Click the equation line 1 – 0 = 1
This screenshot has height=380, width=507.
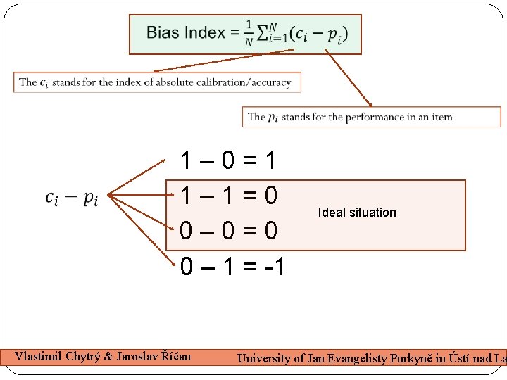click(x=228, y=161)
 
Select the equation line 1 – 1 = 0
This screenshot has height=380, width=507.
click(x=228, y=195)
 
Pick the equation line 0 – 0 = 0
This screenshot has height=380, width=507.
click(x=228, y=231)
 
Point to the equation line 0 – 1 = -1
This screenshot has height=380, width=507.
click(x=232, y=266)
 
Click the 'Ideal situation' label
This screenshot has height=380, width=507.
click(x=357, y=213)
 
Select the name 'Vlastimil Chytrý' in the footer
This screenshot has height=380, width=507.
click(x=56, y=356)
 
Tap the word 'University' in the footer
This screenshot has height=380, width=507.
click(x=264, y=358)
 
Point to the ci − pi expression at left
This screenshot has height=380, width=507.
click(x=72, y=198)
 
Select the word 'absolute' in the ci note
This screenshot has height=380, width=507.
click(x=163, y=82)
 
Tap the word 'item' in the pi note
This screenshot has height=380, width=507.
click(x=442, y=117)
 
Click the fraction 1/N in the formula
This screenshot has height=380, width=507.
click(x=249, y=33)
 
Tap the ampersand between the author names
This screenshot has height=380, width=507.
click(x=107, y=356)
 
